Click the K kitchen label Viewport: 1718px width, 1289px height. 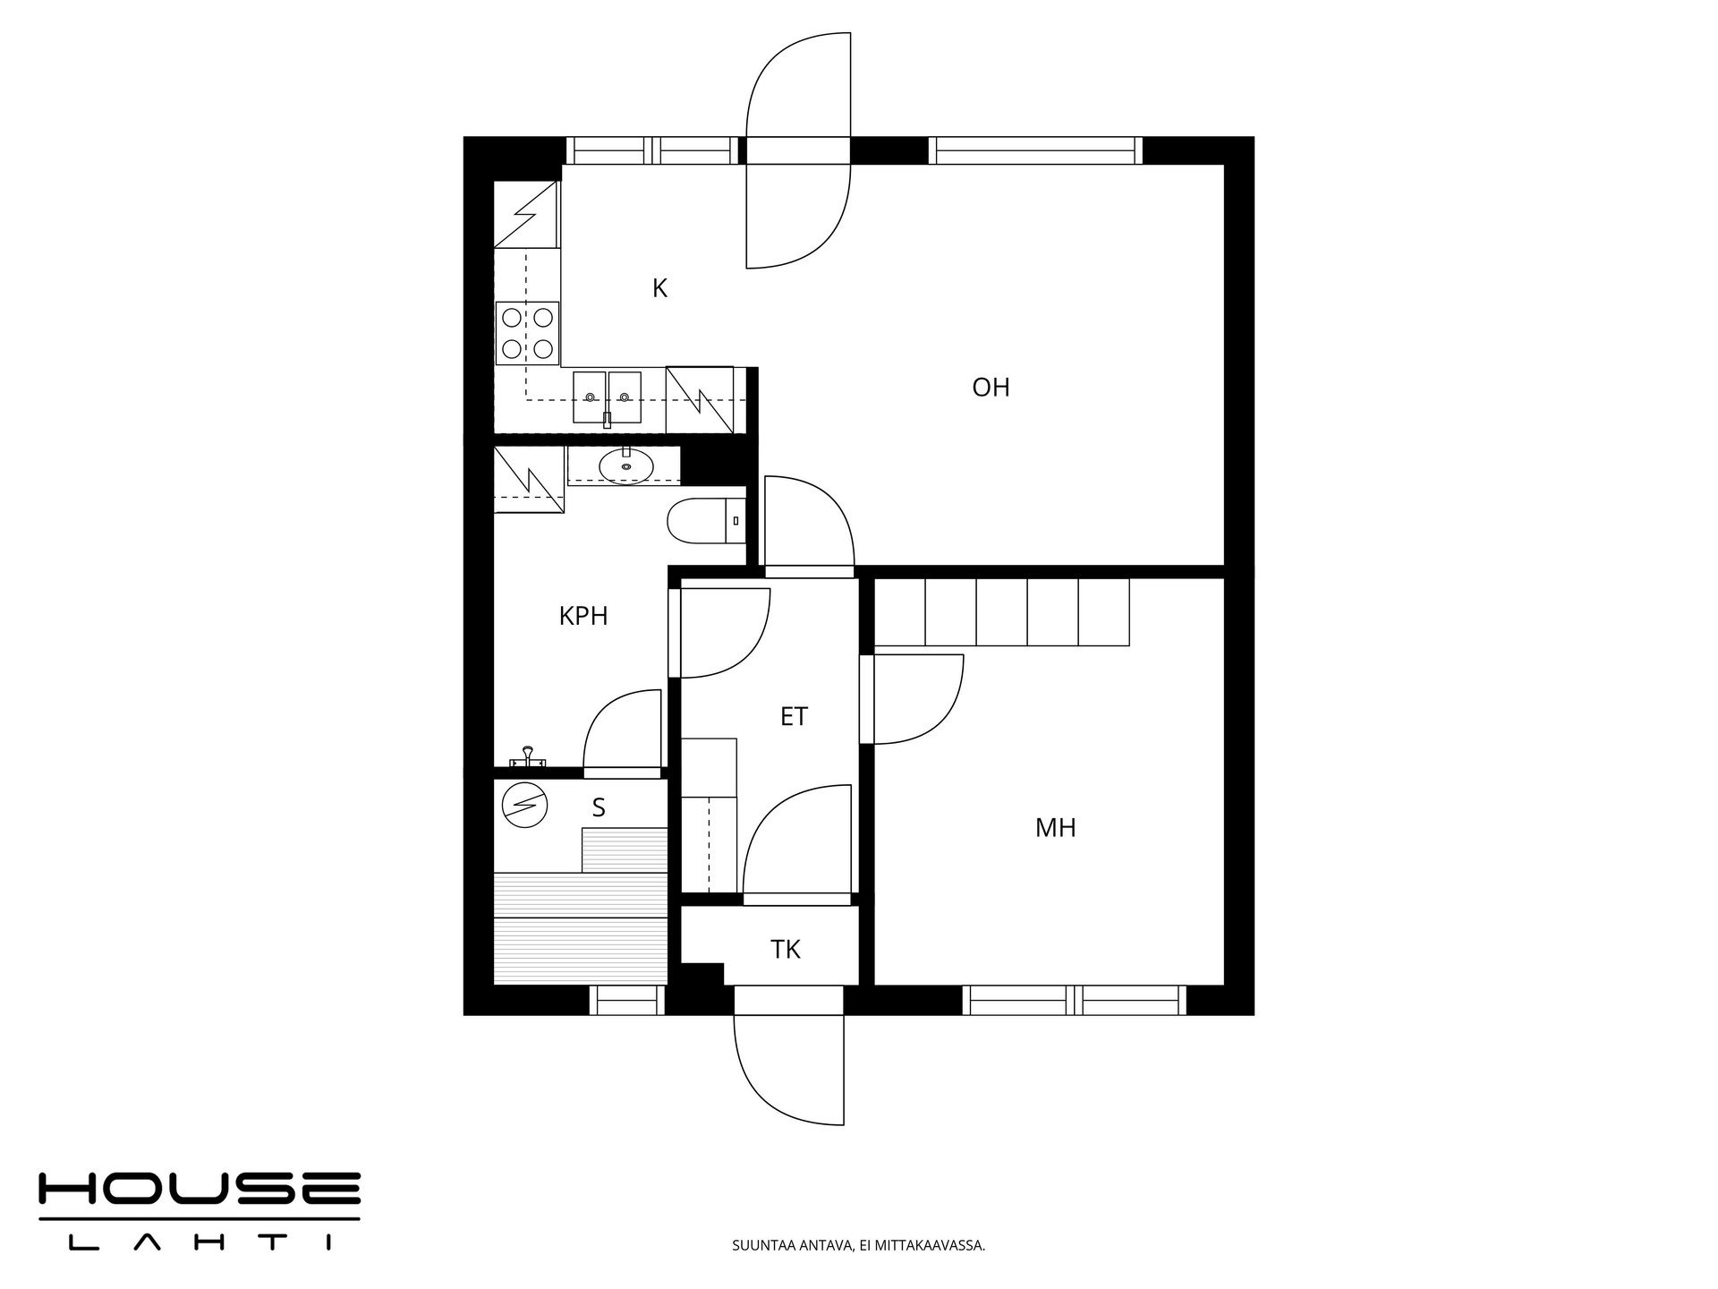click(659, 288)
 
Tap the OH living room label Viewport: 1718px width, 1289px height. click(991, 388)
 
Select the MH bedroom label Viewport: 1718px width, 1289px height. click(1056, 828)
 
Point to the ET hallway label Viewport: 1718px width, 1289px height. click(794, 717)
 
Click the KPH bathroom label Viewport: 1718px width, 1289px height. click(583, 616)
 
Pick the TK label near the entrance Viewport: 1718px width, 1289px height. click(786, 950)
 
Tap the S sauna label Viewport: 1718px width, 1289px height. click(599, 807)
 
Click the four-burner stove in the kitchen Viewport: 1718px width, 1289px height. click(527, 333)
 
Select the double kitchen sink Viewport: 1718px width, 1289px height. click(607, 397)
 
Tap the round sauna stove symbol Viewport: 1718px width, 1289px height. click(524, 805)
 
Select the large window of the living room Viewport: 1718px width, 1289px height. click(1036, 150)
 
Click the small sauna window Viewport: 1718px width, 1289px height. click(627, 1000)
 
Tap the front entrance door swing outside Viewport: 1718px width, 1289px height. click(789, 1069)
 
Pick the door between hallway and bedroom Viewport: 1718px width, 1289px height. click(911, 699)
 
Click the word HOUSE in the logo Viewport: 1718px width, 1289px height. click(199, 1188)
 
